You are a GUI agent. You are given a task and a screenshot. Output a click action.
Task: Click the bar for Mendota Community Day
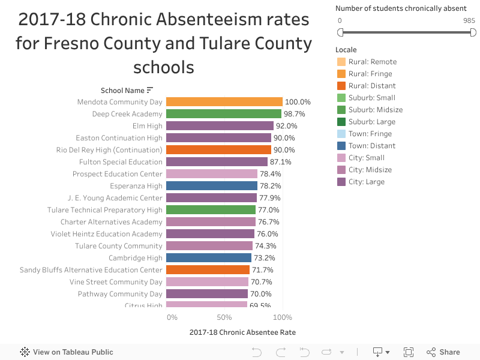[224, 101]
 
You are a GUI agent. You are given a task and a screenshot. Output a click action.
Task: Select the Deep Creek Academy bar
[224, 114]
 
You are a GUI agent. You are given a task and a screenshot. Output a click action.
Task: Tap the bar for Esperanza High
[212, 186]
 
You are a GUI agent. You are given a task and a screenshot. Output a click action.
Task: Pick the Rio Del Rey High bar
[218, 149]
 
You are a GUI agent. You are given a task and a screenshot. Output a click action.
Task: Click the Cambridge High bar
[209, 258]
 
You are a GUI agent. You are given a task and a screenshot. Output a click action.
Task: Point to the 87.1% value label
[280, 162]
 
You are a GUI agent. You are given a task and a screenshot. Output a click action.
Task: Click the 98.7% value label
[294, 114]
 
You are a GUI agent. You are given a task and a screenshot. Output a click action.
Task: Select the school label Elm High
[147, 126]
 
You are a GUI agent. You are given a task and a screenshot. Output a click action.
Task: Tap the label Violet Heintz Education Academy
[106, 234]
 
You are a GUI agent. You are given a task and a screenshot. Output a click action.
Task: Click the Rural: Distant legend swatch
[341, 86]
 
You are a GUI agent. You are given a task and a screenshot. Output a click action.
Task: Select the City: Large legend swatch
[341, 182]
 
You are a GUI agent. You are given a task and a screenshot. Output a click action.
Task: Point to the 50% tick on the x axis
[224, 317]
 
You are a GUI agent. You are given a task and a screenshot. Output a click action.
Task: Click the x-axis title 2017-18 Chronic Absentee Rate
[242, 332]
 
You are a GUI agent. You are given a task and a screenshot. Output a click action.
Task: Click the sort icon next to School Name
[149, 91]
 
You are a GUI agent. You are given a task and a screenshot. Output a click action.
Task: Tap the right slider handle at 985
[473, 32]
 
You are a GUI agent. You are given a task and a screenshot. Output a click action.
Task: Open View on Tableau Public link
[67, 352]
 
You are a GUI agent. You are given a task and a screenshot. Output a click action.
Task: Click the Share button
[443, 352]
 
